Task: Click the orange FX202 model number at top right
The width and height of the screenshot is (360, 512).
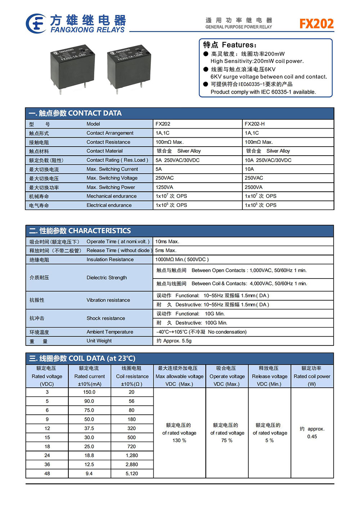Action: click(316, 24)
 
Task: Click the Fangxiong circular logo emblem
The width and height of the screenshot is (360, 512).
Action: click(36, 23)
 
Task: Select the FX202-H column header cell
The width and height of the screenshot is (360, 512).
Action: click(255, 124)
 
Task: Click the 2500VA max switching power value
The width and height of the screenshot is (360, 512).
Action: click(253, 187)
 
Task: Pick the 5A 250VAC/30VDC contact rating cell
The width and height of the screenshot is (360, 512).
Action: click(177, 160)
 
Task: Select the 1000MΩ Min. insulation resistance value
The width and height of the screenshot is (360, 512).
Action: click(182, 260)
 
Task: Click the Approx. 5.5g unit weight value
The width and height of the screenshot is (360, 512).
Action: click(174, 341)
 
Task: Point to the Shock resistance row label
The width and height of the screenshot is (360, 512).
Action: click(105, 319)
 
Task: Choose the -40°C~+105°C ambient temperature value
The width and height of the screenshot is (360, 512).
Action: click(201, 332)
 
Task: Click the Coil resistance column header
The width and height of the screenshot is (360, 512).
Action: click(132, 377)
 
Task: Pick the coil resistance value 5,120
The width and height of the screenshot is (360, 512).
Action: click(132, 474)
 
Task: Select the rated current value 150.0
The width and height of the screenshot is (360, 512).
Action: click(89, 392)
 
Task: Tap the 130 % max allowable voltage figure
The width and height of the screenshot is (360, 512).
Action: click(179, 441)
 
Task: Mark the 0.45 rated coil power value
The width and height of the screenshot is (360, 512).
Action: click(312, 437)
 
